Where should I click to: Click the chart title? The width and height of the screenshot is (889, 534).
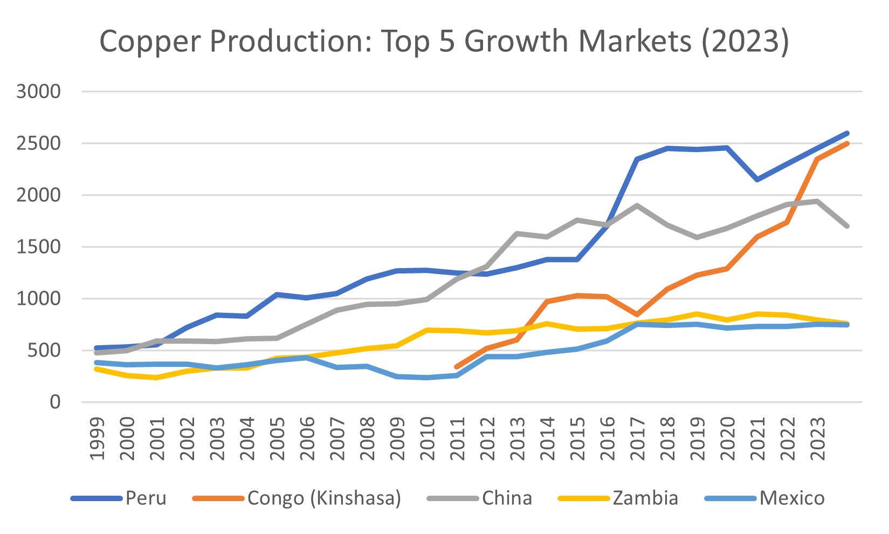coord(444,42)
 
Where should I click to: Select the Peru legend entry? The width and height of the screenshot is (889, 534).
coord(146,498)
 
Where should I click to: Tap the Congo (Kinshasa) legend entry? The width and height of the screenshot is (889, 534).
coord(324,498)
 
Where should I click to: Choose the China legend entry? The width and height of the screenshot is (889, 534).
coord(507,498)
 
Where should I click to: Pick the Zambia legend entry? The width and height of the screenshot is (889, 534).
coord(645,498)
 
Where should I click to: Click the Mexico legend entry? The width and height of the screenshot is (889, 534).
coord(792,498)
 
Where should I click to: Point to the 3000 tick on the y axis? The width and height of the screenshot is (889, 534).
coord(39,92)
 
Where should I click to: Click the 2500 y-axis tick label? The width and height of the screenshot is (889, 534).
coord(39,143)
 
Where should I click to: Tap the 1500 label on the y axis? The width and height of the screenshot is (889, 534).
coord(39,247)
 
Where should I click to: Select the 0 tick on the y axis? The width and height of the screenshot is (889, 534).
coord(55,402)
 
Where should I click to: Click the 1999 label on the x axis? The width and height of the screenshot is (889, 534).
coord(98,438)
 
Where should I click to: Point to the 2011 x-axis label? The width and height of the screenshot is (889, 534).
coord(458,438)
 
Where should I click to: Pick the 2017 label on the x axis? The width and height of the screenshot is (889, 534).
coord(638,438)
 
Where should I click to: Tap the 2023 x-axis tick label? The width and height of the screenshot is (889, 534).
coord(818,438)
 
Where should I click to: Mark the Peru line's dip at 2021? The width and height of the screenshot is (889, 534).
coord(757,180)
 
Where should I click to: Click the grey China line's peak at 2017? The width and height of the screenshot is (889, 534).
coord(637,206)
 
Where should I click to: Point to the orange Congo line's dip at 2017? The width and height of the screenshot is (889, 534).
coord(637,314)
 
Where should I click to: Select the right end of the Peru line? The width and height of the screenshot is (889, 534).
coord(847,133)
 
